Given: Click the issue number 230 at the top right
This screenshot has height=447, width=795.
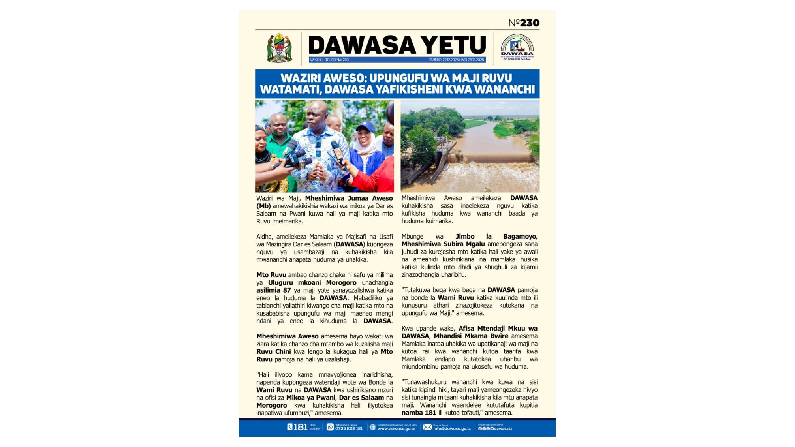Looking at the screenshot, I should pyautogui.click(x=530, y=23).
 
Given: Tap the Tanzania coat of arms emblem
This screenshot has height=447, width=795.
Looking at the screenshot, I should pyautogui.click(x=279, y=48).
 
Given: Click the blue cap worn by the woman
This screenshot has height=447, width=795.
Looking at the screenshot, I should pyautogui.click(x=365, y=126).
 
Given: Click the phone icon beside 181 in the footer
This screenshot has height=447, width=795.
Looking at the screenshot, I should pyautogui.click(x=290, y=427).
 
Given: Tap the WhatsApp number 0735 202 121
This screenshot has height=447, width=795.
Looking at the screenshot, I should pyautogui.click(x=349, y=428).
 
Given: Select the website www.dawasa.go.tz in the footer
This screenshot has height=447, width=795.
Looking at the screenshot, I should pyautogui.click(x=396, y=429).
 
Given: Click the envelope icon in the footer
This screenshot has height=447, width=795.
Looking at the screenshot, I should pyautogui.click(x=427, y=427).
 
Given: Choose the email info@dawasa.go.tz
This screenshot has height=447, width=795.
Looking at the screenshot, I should pyautogui.click(x=452, y=429).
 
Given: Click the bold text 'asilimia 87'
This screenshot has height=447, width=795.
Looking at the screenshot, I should pyautogui.click(x=273, y=290).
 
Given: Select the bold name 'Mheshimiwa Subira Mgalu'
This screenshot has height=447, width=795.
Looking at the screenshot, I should pyautogui.click(x=443, y=244).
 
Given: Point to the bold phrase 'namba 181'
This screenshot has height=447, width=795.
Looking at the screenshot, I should pyautogui.click(x=419, y=413).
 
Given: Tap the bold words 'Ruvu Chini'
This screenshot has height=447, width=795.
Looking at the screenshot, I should pyautogui.click(x=273, y=351).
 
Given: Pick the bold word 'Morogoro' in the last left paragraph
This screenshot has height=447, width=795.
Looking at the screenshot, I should pyautogui.click(x=272, y=405).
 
